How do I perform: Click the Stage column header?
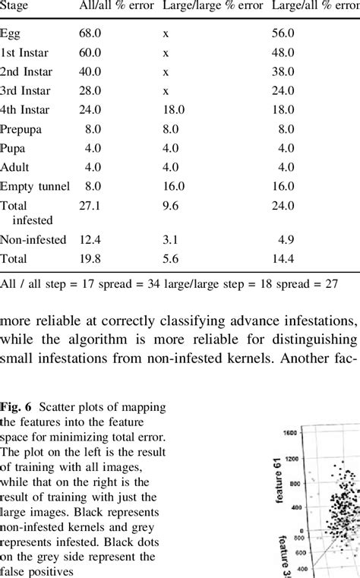coord(15,6)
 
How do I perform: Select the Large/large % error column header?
coord(213,6)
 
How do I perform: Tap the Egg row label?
coord(11,34)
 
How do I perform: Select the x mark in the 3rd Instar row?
coord(166,90)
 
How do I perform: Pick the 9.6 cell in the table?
coord(170,205)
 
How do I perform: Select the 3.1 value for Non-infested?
coord(170,240)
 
